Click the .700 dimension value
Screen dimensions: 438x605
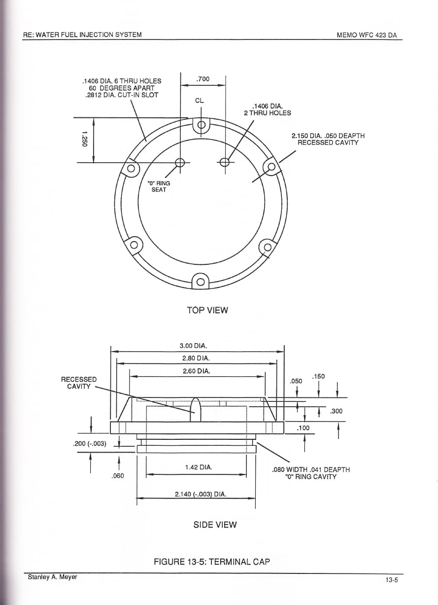[203, 79]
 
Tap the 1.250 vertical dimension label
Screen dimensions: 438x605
[84, 139]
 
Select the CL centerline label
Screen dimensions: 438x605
[200, 101]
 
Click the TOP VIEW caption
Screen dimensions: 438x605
[207, 310]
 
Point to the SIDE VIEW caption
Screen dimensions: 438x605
[215, 525]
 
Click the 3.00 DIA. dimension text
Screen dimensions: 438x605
[194, 346]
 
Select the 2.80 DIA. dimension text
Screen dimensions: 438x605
[196, 358]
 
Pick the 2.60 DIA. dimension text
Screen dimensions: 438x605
[197, 371]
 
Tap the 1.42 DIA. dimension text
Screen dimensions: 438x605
[199, 467]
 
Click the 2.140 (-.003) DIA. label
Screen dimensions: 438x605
[201, 494]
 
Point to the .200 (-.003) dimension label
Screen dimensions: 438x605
[90, 444]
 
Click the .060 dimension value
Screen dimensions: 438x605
[118, 476]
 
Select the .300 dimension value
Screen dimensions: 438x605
[336, 411]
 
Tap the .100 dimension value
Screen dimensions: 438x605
[303, 428]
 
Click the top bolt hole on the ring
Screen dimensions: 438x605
[202, 125]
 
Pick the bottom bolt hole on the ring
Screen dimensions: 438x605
[201, 282]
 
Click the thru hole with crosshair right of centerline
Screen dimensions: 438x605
[225, 162]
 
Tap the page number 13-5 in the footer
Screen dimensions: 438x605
[392, 580]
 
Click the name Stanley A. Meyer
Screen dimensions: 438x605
[52, 577]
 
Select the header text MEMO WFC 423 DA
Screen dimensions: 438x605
[367, 35]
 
